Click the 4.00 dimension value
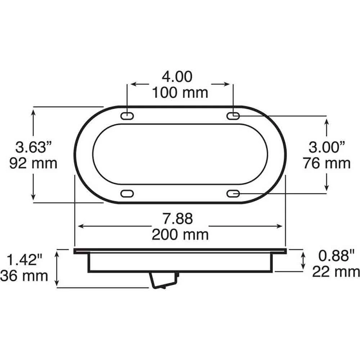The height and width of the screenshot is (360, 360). (177, 77)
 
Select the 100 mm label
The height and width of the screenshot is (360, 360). (180, 93)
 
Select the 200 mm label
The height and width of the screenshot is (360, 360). (180, 235)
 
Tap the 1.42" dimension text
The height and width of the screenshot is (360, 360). (24, 260)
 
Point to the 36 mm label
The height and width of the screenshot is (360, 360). (24, 276)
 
